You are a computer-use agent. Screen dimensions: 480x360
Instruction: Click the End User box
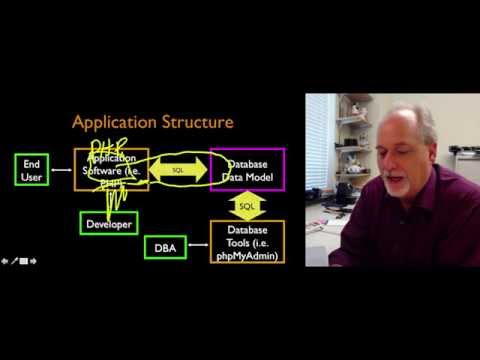pos(32,170)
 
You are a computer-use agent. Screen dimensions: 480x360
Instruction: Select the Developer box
pos(108,224)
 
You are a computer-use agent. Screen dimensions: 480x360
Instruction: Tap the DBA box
pos(165,247)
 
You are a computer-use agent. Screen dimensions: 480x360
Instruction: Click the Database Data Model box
pos(246,170)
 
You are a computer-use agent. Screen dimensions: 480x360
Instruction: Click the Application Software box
pos(112,170)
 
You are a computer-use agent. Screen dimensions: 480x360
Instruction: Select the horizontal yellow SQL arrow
pos(179,171)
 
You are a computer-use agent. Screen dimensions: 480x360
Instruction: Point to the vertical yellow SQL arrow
pos(246,207)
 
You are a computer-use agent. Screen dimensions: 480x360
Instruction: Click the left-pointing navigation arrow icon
pos(5,261)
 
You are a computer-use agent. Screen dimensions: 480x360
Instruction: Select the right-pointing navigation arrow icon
pos(33,261)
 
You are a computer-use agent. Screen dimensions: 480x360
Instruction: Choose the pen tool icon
pos(14,261)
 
